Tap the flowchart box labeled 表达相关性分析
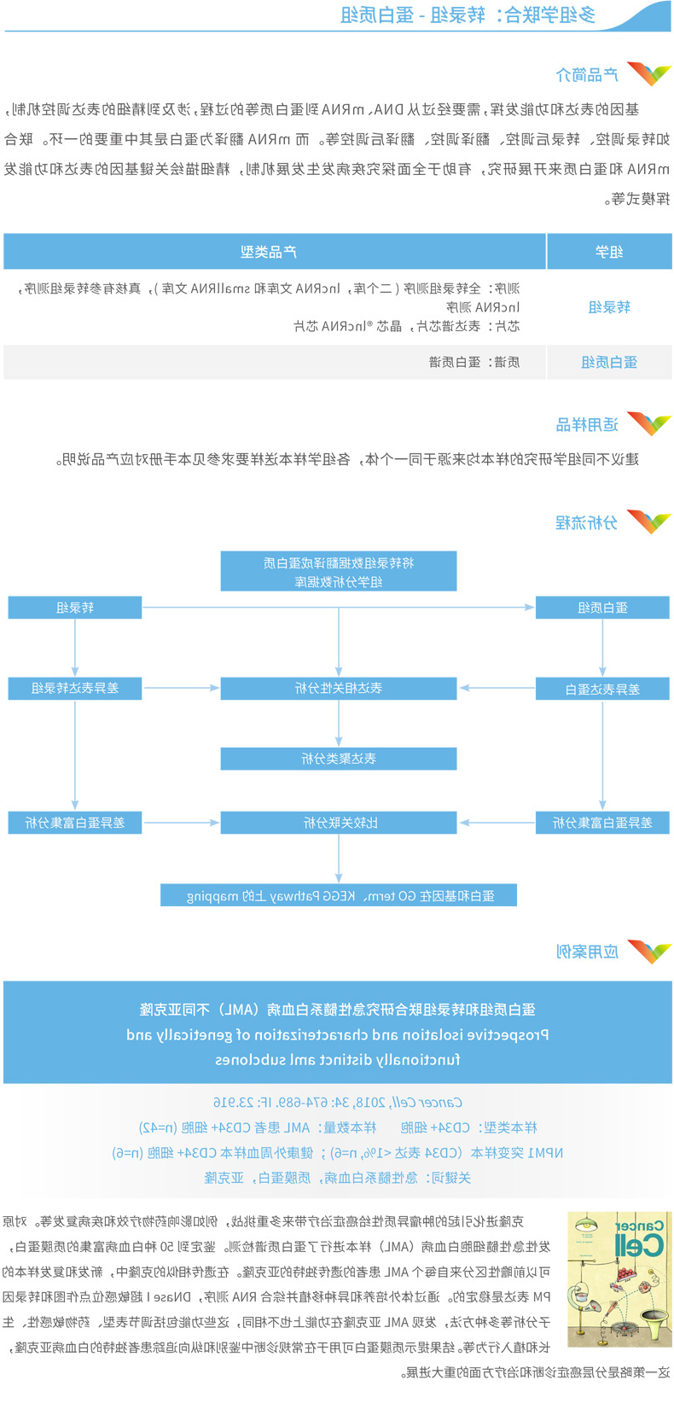pos(339,688)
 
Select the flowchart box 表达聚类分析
pos(339,758)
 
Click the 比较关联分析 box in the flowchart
pos(339,823)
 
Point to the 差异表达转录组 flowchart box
pos(75,688)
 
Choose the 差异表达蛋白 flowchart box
pos(602,689)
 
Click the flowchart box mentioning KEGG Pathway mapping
pos(339,895)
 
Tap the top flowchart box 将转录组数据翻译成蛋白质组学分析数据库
pos(339,572)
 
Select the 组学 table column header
pos(609,252)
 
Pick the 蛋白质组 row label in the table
pos(609,362)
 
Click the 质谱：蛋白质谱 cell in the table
pos(474,362)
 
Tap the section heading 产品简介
pos(587,75)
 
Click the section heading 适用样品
pos(587,424)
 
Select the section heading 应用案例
pos(587,951)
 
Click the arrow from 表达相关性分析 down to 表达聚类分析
pos(339,724)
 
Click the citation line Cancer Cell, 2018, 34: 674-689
pos(338,1103)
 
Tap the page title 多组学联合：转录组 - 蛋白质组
pos(468,15)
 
